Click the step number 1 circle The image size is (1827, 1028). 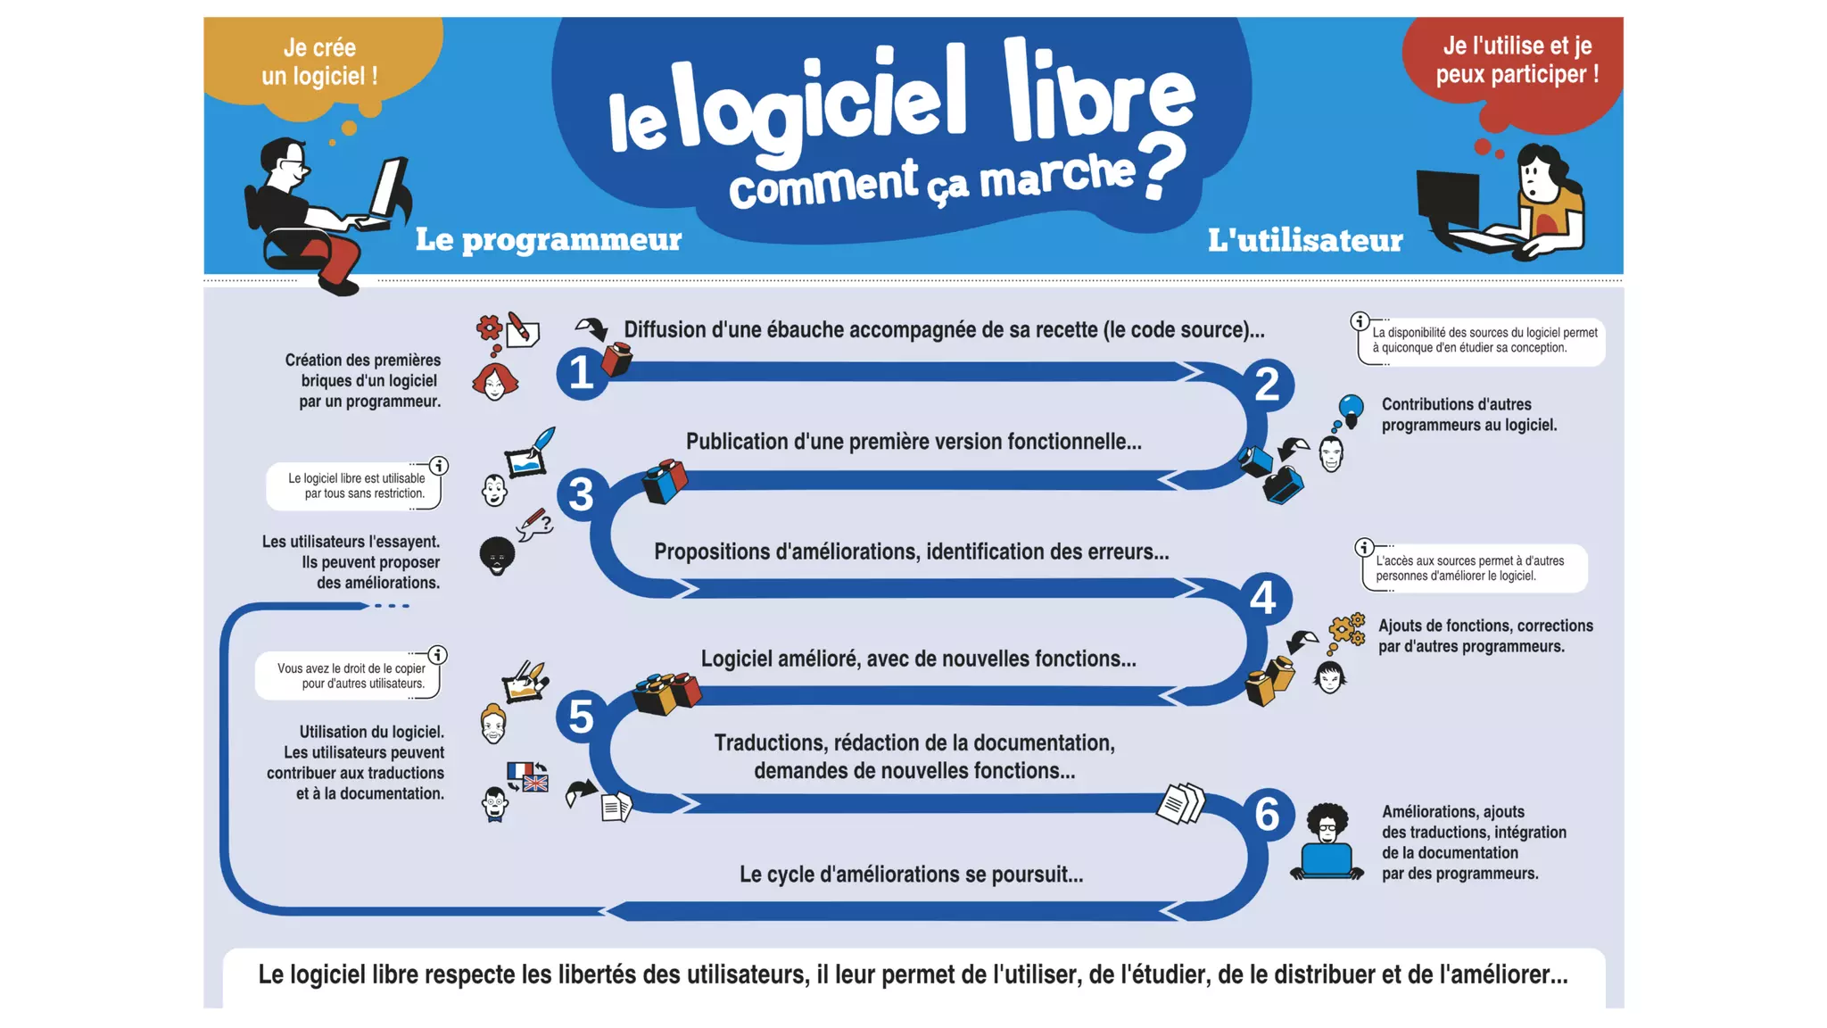[x=581, y=372]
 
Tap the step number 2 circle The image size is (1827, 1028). [x=1267, y=385]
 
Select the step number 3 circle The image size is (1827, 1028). [x=581, y=494]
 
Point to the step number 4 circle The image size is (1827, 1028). [x=1262, y=598]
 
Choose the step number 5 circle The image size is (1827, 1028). [x=581, y=717]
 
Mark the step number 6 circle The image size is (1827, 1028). [x=1267, y=814]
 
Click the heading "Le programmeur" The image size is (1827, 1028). [x=548, y=239]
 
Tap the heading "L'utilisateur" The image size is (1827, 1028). [x=1304, y=240]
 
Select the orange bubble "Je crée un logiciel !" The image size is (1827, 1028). [x=319, y=62]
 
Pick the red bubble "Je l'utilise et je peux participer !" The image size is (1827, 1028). [x=1517, y=61]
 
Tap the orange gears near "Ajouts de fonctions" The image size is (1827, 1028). [x=1347, y=629]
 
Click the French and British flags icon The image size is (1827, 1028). [x=527, y=775]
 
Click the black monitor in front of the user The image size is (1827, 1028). [x=1447, y=198]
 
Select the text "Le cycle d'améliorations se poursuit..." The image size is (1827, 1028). [x=911, y=875]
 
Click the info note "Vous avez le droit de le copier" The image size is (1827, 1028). [x=350, y=676]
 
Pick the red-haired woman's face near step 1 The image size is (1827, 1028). [x=494, y=382]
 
